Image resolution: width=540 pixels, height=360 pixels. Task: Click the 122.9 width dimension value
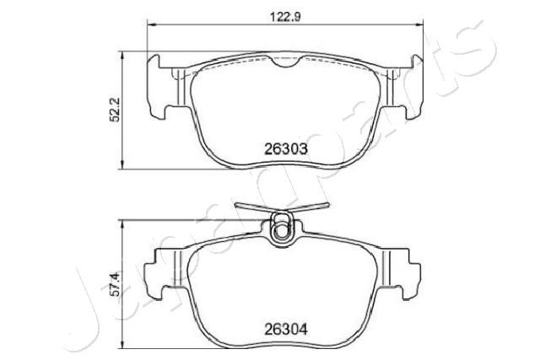[285, 17]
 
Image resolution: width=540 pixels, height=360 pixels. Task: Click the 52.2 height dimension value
[114, 110]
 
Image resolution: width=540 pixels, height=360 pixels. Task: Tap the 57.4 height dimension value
[116, 284]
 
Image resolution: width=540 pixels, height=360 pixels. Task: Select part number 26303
[285, 149]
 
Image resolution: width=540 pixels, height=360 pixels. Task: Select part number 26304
[285, 330]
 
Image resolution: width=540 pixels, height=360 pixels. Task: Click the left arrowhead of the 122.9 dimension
[152, 24]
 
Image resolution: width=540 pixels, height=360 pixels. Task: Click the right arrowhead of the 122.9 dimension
[418, 24]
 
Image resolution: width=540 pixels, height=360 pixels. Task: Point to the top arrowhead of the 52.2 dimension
[122, 56]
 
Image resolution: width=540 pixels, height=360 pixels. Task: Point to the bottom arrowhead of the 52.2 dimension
[122, 165]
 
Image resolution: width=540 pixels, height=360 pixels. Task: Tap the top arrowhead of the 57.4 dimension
[122, 224]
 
